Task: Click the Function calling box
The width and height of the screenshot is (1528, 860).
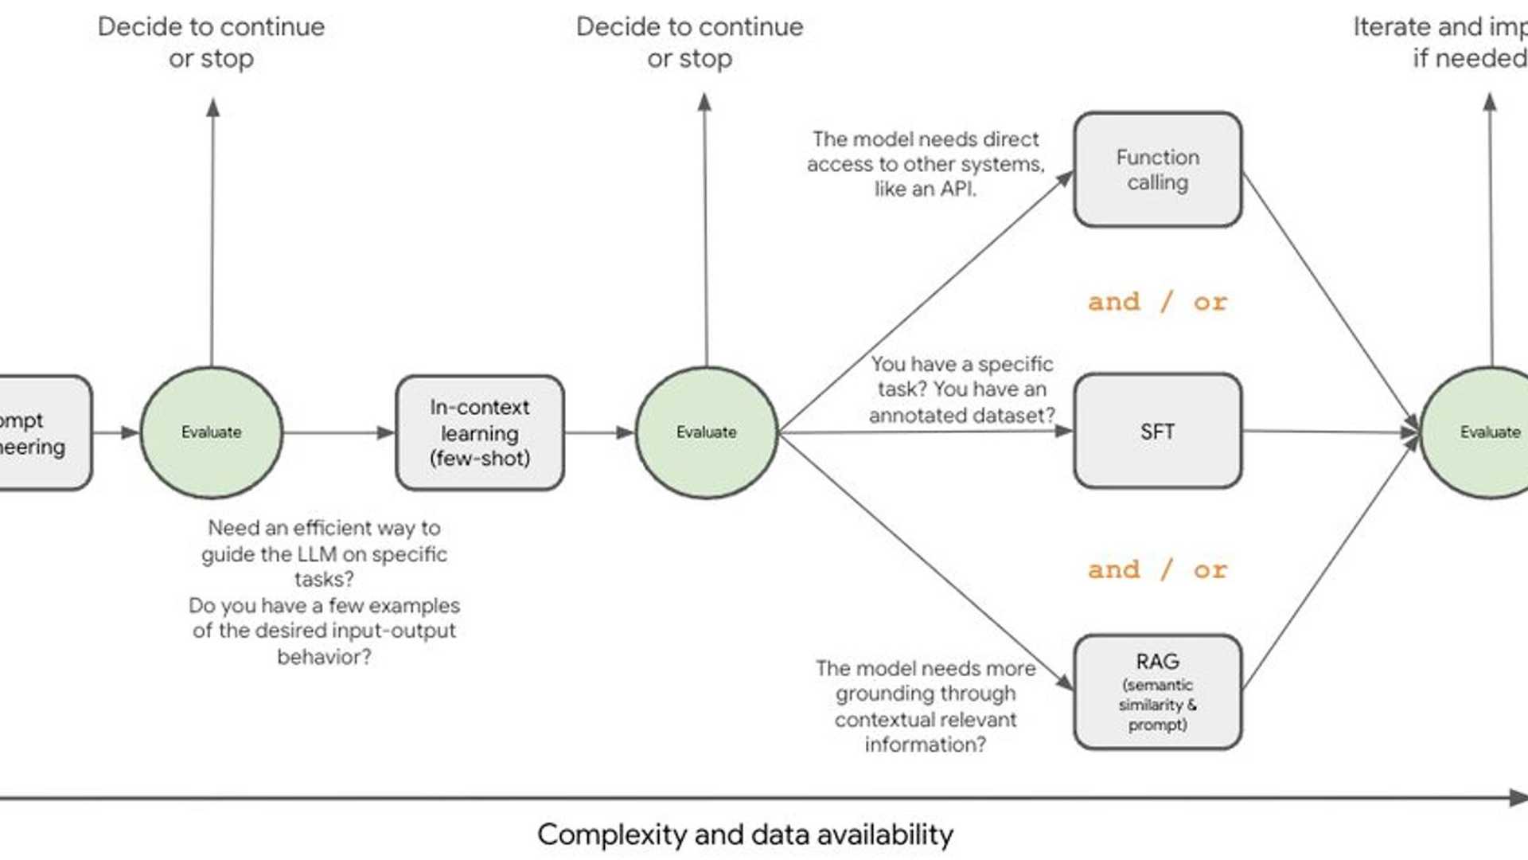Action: pyautogui.click(x=1157, y=170)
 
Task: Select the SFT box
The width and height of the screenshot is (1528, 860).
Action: pyautogui.click(x=1157, y=432)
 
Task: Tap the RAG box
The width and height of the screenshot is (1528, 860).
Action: pyautogui.click(x=1157, y=691)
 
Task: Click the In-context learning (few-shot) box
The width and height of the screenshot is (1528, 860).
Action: pyautogui.click(x=480, y=432)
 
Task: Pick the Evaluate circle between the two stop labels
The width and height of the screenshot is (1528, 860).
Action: pyautogui.click(x=706, y=432)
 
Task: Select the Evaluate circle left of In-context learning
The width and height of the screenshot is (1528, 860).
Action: pyautogui.click(x=211, y=432)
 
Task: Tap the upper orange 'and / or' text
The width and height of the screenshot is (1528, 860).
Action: pyautogui.click(x=1157, y=302)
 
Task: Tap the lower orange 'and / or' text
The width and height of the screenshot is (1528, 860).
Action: pyautogui.click(x=1157, y=570)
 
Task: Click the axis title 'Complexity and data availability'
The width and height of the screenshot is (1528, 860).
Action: pyautogui.click(x=745, y=835)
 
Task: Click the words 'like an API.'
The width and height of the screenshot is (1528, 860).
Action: pyautogui.click(x=925, y=190)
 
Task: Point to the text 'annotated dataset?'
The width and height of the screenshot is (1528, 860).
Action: pyautogui.click(x=961, y=415)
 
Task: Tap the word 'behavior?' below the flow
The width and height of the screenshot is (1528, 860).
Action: pyautogui.click(x=324, y=657)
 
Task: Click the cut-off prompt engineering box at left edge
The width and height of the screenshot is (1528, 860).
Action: pyautogui.click(x=40, y=432)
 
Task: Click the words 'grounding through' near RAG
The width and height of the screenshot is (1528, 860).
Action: pyautogui.click(x=925, y=694)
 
